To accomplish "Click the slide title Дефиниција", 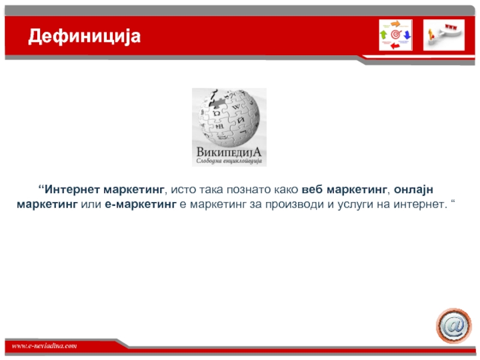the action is coord(84,37).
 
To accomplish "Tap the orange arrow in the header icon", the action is coord(396,24).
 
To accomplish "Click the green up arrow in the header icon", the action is coord(383,34).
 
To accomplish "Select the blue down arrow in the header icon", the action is coord(407,35).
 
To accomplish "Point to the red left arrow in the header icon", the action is coord(395,46).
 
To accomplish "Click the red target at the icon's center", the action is coord(395,35).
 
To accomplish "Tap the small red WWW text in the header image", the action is coord(451,27).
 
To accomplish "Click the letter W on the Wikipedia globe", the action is coord(236,107).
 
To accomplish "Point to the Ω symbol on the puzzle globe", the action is coord(217,113).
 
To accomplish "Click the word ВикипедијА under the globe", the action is coord(229,152).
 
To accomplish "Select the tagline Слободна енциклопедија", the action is coord(229,161).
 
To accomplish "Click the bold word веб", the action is coord(312,190).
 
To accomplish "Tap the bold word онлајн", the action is coord(413,190).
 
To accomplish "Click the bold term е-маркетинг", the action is coord(141,204).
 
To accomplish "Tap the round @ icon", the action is coord(454,325).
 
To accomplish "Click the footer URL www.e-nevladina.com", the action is coord(44,346).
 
